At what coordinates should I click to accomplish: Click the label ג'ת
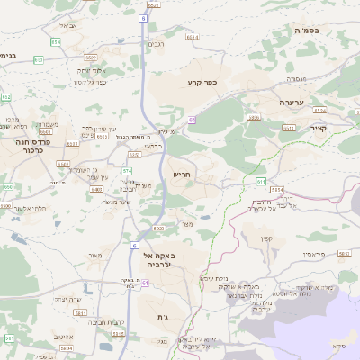[163, 318]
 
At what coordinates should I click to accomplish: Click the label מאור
[95, 256]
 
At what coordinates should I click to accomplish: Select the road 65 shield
[192, 118]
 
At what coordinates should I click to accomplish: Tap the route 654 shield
[56, 41]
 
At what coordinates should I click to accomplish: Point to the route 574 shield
[127, 169]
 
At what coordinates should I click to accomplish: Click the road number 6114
[277, 190]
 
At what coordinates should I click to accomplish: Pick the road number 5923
[158, 229]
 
